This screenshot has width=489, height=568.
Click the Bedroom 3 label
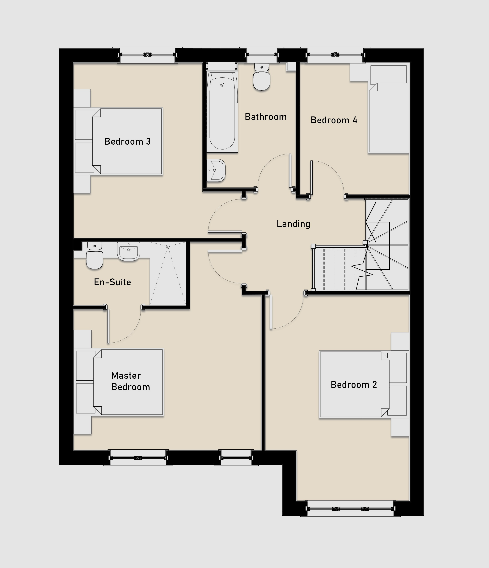click(128, 142)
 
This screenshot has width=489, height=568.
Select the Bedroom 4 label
click(334, 120)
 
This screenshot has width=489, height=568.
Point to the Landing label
click(293, 224)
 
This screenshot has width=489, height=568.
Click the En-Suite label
click(112, 282)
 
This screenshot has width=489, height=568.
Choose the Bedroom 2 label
click(354, 385)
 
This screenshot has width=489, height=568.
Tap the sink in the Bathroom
click(216, 171)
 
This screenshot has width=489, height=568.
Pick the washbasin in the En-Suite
click(129, 251)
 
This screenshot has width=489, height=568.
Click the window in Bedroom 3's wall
click(147, 55)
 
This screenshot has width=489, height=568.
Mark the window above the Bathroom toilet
click(262, 55)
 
